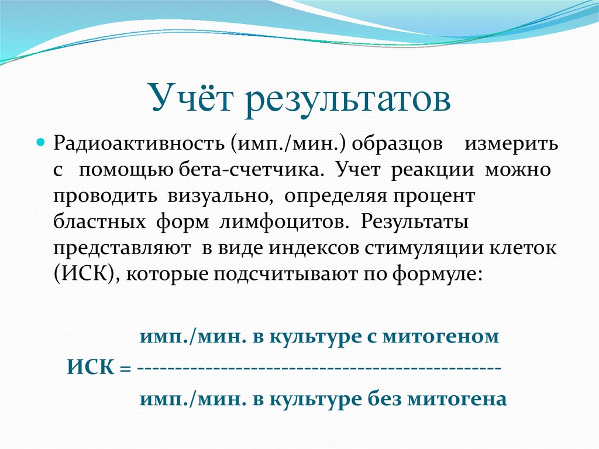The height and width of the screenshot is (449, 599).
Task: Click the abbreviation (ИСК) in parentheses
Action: [84, 273]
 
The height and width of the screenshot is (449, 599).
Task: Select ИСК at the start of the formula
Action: [89, 369]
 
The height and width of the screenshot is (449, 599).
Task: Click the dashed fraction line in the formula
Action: [319, 370]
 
